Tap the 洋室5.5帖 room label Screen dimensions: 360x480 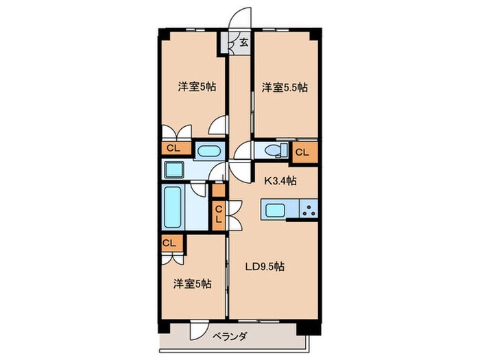(x=284, y=87)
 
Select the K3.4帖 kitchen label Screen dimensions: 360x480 (x=281, y=182)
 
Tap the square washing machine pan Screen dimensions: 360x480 (x=171, y=169)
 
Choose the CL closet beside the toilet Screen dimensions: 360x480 (x=303, y=152)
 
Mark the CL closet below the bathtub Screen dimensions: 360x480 (x=169, y=243)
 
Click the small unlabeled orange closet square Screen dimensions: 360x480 (x=219, y=191)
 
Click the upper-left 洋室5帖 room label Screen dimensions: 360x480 (x=193, y=87)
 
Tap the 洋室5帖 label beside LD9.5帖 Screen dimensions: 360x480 (x=193, y=284)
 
